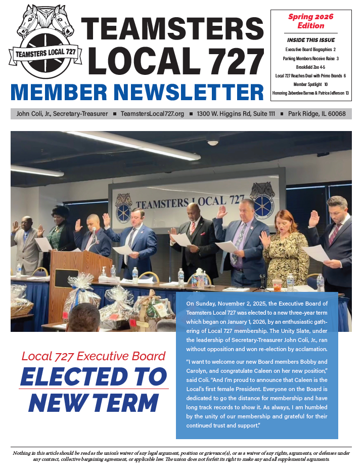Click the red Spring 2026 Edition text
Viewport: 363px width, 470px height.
[x=310, y=21]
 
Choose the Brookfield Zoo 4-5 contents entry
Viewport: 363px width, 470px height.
[x=310, y=67]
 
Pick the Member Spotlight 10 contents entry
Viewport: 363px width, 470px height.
[x=310, y=84]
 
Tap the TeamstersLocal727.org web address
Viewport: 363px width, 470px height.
[x=152, y=114]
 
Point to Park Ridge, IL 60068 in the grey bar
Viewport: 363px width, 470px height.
[x=316, y=114]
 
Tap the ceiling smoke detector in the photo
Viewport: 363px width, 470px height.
[x=213, y=142]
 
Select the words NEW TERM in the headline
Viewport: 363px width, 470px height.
[x=94, y=402]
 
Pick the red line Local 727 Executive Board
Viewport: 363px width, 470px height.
[x=94, y=356]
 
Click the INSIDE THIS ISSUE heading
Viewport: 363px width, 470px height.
[x=310, y=40]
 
